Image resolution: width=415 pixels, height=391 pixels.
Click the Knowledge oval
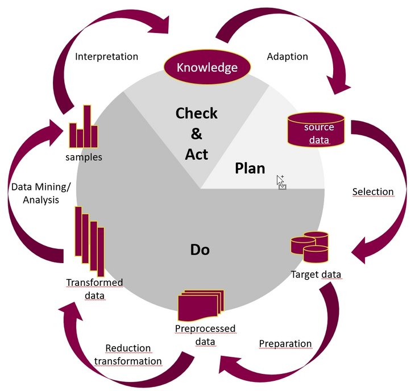207,68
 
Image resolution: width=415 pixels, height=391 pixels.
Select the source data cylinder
317,129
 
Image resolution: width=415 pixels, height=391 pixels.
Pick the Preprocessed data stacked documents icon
200,306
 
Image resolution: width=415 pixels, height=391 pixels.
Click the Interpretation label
106,56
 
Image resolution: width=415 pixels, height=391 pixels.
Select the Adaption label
287,56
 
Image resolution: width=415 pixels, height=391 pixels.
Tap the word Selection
372,192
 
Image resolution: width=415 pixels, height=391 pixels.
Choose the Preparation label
285,344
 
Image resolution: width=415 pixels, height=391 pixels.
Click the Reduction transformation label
128,355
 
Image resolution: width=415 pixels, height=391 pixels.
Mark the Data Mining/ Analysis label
35,193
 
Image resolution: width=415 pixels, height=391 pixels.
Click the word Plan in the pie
250,168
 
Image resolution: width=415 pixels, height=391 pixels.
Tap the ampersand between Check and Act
196,134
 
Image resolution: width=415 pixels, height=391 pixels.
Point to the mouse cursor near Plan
281,181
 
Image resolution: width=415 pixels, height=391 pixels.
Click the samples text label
84,157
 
